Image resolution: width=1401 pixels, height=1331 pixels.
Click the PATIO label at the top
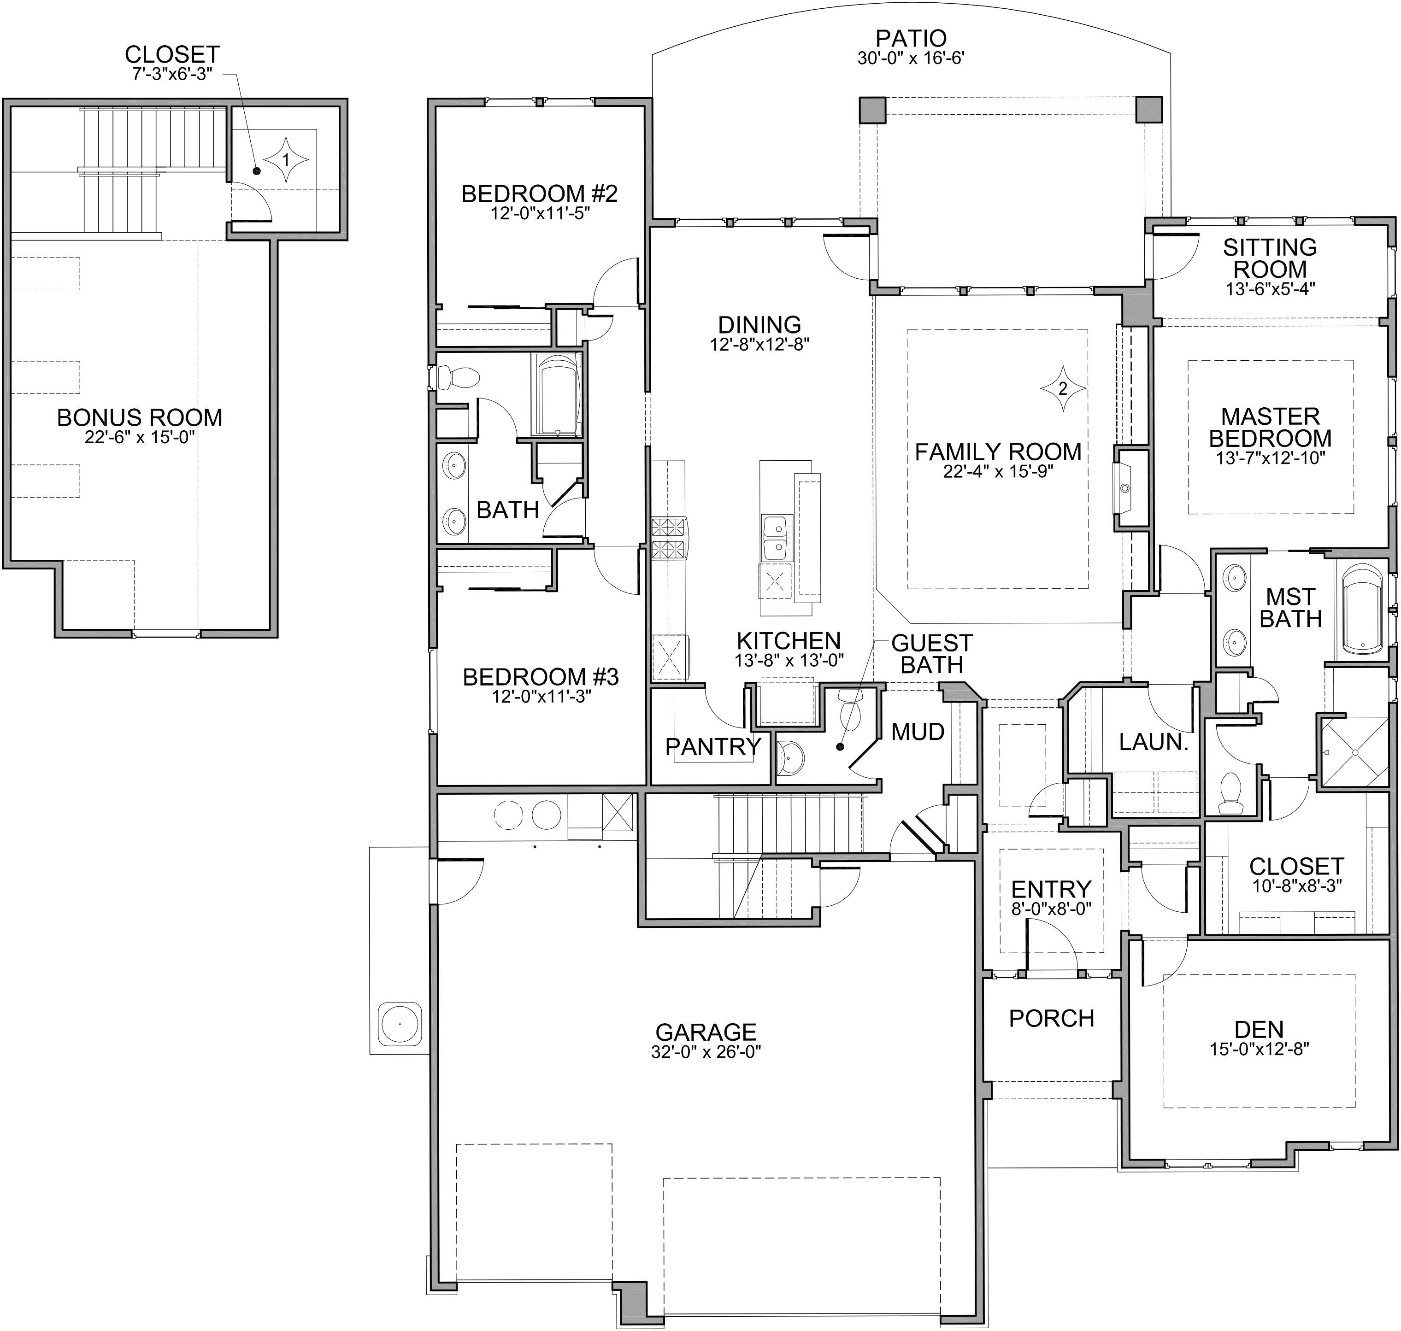[x=911, y=38]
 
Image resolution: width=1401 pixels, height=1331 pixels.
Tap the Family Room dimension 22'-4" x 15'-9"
[x=998, y=471]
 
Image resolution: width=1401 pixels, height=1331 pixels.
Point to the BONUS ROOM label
[x=140, y=417]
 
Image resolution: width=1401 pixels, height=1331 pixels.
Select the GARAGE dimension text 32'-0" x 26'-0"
[x=706, y=1051]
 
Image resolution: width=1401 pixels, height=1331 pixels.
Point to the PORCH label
[x=1051, y=1019]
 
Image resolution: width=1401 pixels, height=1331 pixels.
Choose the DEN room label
[x=1259, y=1030]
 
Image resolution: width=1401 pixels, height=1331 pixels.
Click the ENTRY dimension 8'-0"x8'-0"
[x=1051, y=908]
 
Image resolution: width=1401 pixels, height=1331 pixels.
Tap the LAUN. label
[x=1154, y=742]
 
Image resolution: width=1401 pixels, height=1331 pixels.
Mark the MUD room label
[x=918, y=732]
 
